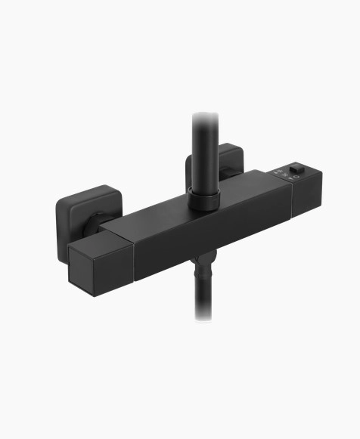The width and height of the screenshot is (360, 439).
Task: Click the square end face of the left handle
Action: (x=88, y=267)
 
